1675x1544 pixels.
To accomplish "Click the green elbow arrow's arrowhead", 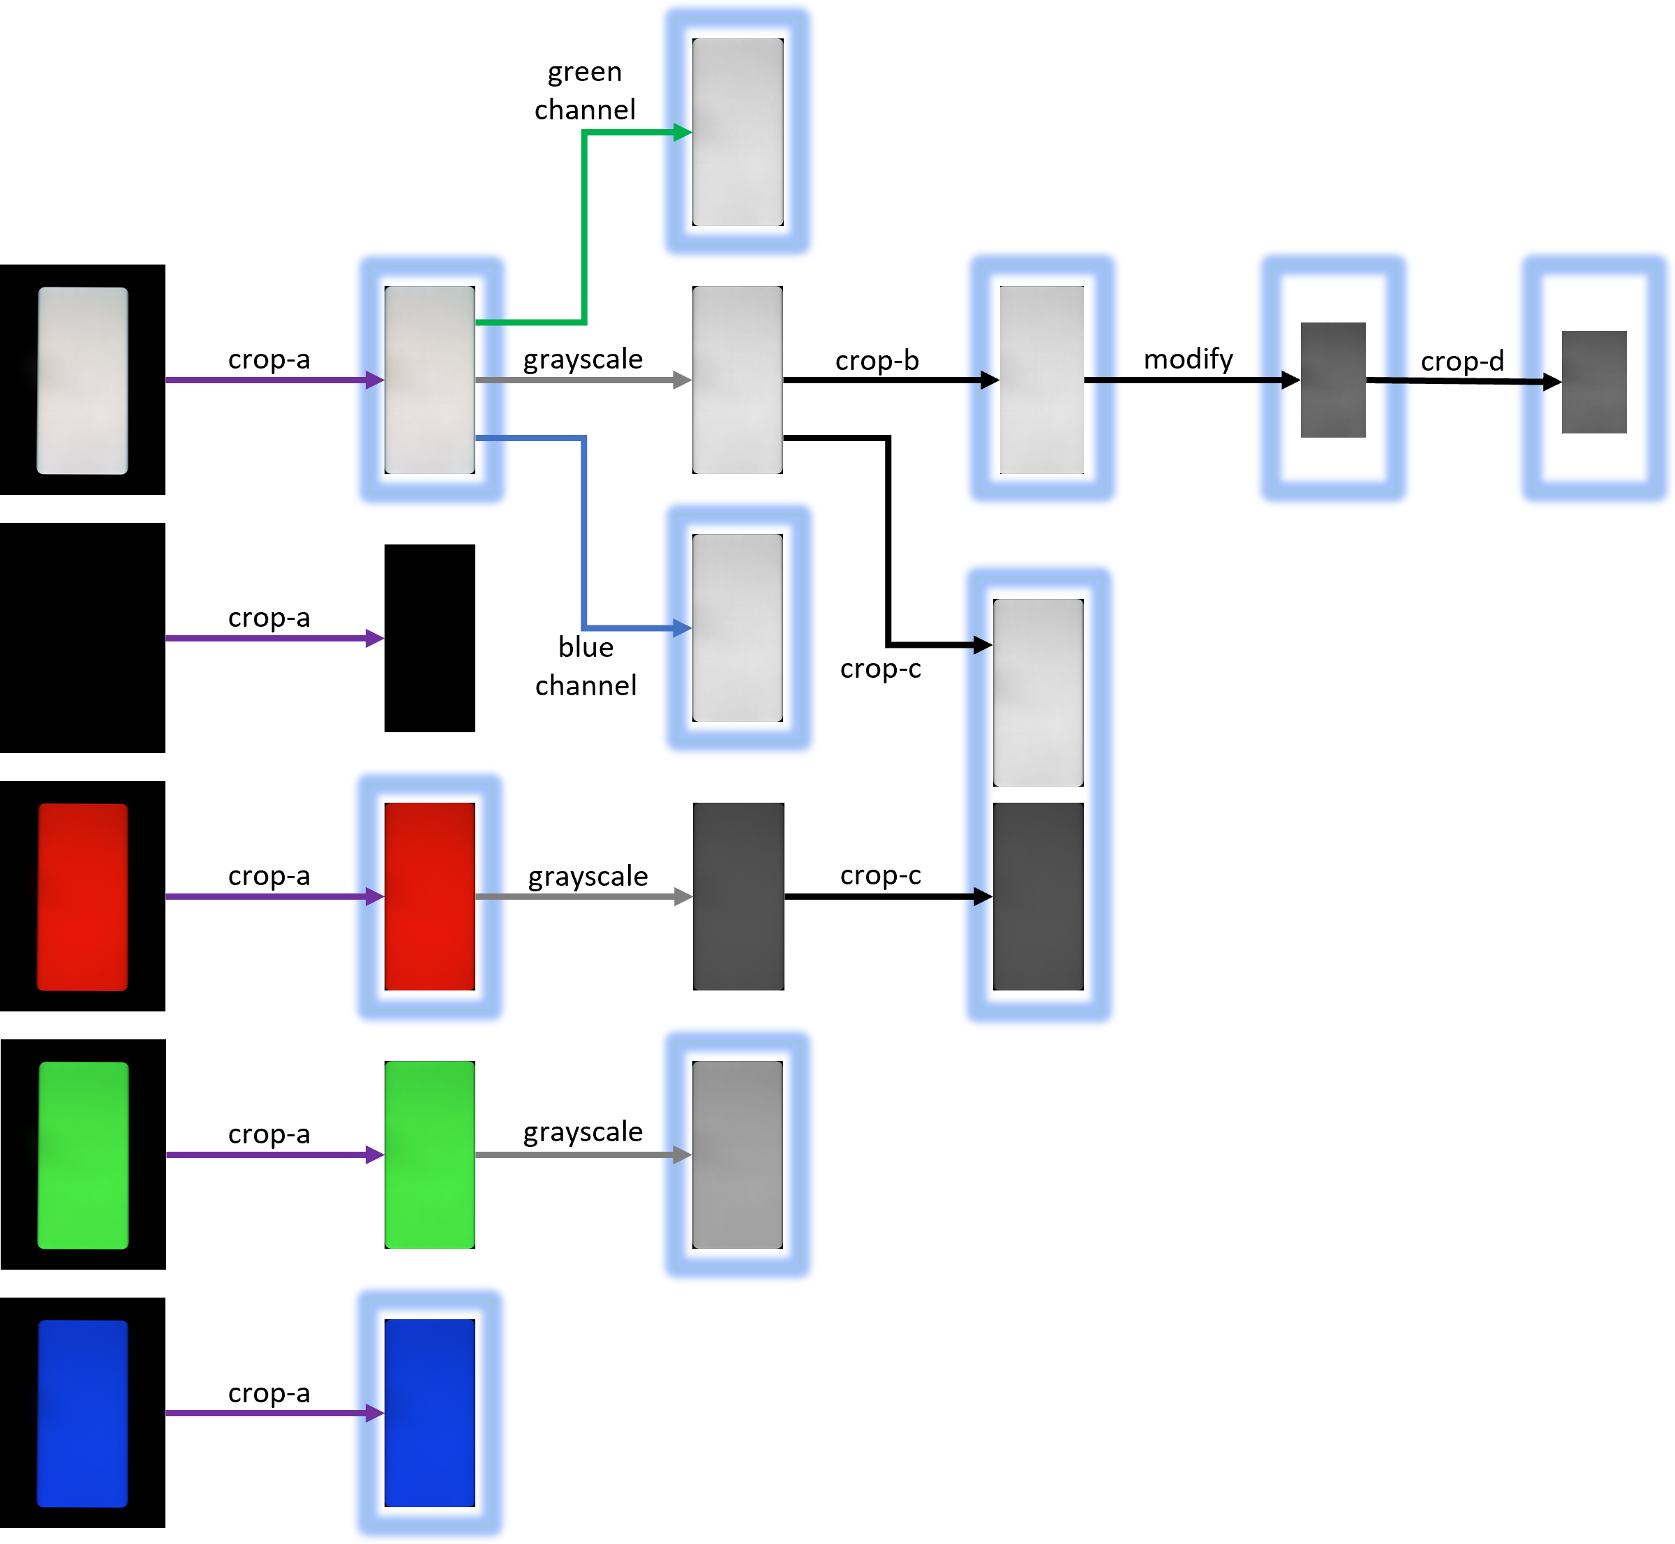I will tap(683, 132).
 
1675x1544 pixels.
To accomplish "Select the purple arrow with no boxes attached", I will tap(267, 638).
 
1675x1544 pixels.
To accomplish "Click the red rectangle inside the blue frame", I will tap(429, 896).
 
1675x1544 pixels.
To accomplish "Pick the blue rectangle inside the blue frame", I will tap(429, 1413).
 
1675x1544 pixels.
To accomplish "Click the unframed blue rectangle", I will tap(83, 1413).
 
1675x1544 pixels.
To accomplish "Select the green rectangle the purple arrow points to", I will tap(429, 1155).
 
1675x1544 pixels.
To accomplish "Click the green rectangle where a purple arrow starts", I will tap(83, 1155).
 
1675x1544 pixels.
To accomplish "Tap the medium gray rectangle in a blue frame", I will tap(738, 1155).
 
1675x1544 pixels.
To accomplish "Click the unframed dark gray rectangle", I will tap(738, 896).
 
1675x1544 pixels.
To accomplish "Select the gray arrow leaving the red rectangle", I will tap(576, 896).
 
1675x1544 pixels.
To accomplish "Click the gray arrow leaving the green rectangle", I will tap(576, 1155).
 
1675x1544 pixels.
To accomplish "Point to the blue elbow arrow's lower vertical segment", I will tap(584, 535).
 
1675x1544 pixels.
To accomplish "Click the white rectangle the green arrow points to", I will tap(738, 132).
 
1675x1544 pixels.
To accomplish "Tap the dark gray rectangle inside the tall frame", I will tap(1038, 896).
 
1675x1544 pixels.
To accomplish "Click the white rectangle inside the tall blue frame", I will tap(1038, 692).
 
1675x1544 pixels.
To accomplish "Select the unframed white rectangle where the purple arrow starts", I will tap(83, 380).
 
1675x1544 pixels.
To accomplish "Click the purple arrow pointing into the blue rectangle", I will tap(267, 1413).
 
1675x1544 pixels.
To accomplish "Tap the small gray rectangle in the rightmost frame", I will tap(1594, 382).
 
